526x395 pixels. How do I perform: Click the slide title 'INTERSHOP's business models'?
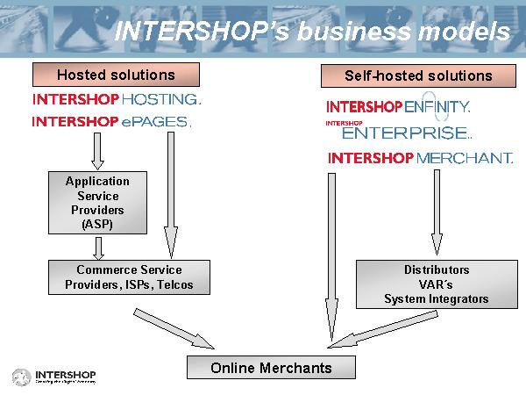pyautogui.click(x=312, y=31)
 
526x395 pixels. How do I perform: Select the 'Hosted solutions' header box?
pyautogui.click(x=116, y=75)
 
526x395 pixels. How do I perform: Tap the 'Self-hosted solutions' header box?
pyautogui.click(x=418, y=75)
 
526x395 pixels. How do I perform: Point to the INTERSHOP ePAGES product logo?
pyautogui.click(x=110, y=122)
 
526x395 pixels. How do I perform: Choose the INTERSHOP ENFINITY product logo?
pyautogui.click(x=399, y=106)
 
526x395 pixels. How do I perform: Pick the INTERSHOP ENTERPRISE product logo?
pyautogui.click(x=399, y=132)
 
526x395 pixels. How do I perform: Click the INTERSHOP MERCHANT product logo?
pyautogui.click(x=420, y=159)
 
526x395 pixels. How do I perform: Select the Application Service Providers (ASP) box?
pyautogui.click(x=97, y=203)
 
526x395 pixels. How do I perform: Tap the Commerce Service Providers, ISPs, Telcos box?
pyautogui.click(x=129, y=277)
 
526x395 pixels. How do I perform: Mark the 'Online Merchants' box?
pyautogui.click(x=272, y=368)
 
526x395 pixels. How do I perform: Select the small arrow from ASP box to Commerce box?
pyautogui.click(x=98, y=248)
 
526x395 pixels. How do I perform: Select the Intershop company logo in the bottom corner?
pyautogui.click(x=53, y=377)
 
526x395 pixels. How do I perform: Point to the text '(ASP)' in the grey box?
pyautogui.click(x=97, y=225)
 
